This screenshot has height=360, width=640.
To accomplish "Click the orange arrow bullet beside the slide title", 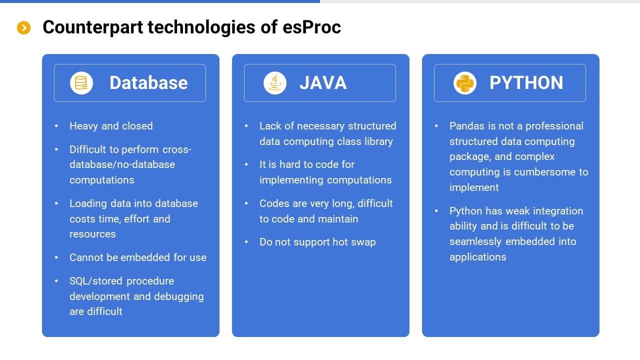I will pyautogui.click(x=23, y=28).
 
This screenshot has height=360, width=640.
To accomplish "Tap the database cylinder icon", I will pyautogui.click(x=81, y=83).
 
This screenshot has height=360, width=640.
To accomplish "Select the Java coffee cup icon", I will pyautogui.click(x=274, y=83).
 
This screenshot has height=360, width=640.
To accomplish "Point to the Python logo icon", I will pyautogui.click(x=464, y=83).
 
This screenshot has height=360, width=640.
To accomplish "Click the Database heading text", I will pyautogui.click(x=148, y=83).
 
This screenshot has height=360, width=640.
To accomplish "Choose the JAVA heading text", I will pyautogui.click(x=323, y=83).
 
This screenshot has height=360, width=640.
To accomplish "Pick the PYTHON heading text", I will pyautogui.click(x=526, y=83).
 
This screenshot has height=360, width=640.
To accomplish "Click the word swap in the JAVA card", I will pyautogui.click(x=363, y=242).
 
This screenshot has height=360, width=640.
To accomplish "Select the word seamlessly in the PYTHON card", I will pyautogui.click(x=475, y=241).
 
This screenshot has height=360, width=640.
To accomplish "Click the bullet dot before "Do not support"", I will pyautogui.click(x=246, y=242).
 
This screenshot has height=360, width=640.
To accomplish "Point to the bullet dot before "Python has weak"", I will pyautogui.click(x=436, y=211).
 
